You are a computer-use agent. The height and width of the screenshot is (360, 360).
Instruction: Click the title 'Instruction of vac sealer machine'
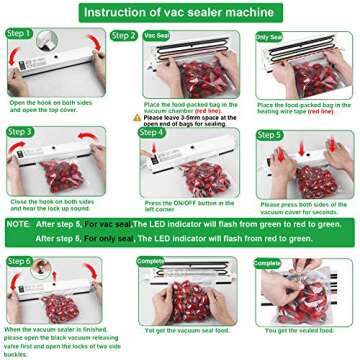[180, 11]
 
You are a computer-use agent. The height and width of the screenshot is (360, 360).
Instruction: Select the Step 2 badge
[124, 35]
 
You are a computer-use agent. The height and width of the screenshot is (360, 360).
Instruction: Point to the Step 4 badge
[151, 132]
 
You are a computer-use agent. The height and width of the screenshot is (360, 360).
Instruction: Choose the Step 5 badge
[271, 135]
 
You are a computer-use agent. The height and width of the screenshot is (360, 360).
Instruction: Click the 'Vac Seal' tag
[158, 35]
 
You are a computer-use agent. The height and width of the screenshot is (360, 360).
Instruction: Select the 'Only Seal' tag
[270, 35]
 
